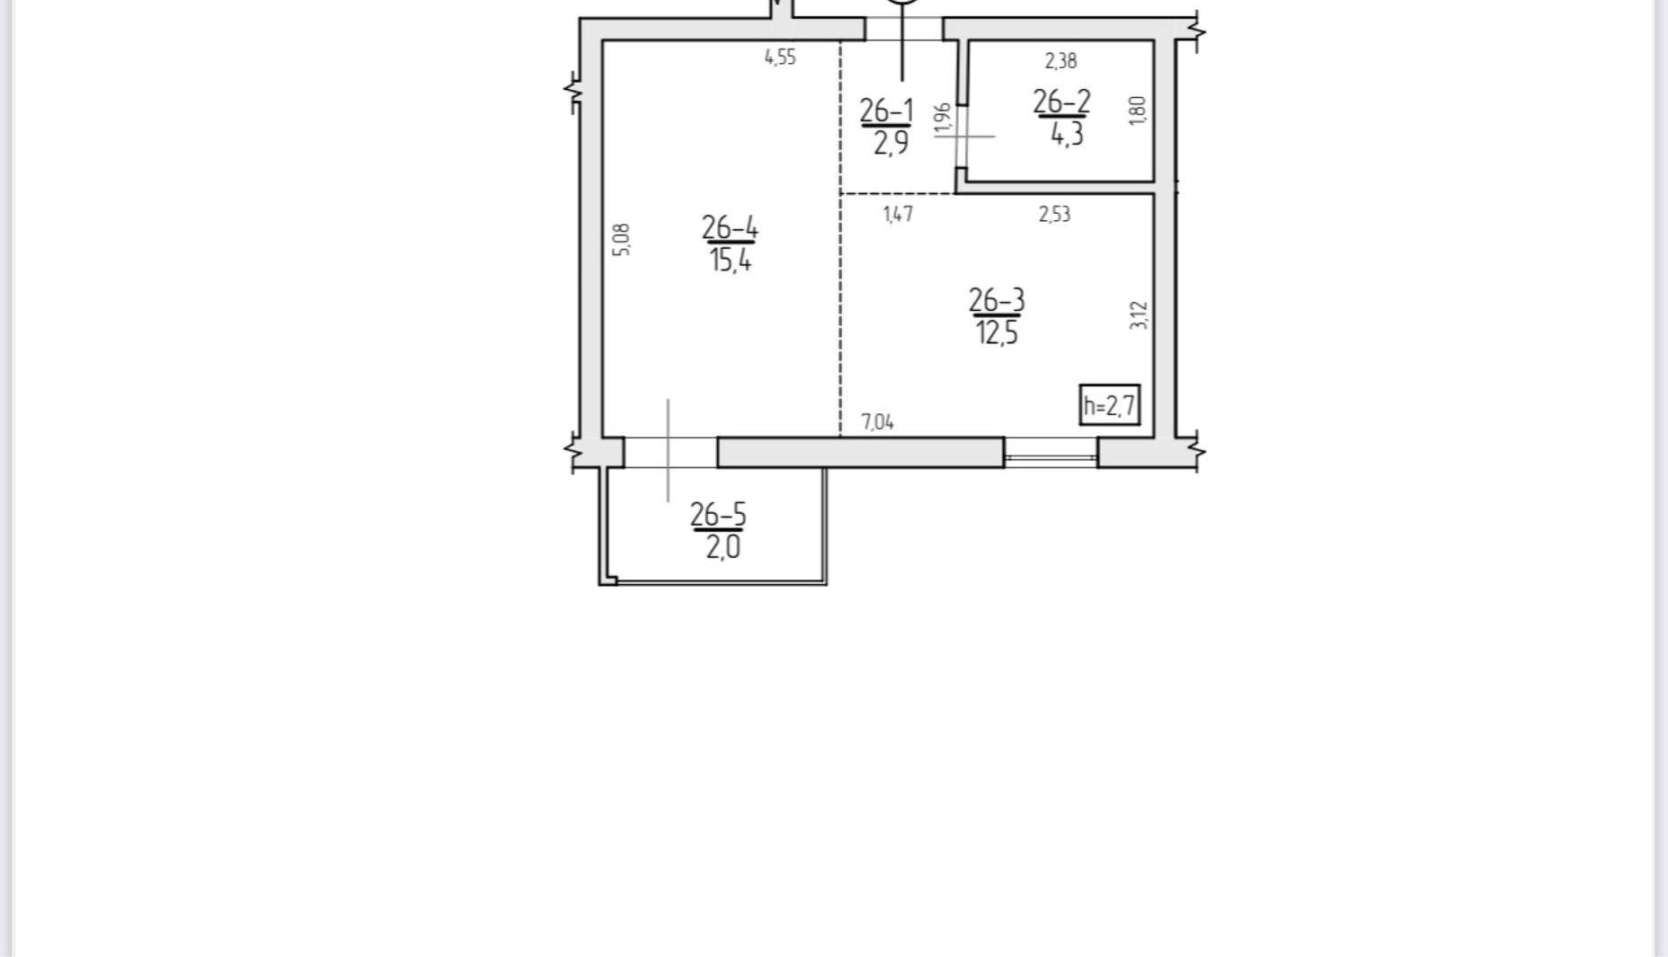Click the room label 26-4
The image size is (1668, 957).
point(730,228)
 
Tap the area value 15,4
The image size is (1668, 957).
point(730,261)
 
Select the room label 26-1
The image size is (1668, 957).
point(886,111)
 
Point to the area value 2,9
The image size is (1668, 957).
point(891,143)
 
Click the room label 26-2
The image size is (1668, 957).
point(1061,102)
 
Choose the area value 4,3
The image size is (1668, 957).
point(1067,135)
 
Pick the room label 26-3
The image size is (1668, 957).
point(997,300)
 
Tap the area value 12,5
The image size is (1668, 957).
point(997,333)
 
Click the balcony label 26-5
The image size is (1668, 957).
point(718,515)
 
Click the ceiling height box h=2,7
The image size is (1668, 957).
point(1110,405)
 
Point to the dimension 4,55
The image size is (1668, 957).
point(780,58)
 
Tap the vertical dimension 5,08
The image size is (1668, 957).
point(622,240)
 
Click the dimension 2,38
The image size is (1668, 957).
point(1060,61)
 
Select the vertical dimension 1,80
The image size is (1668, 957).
point(1138,111)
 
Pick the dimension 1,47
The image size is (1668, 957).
point(899,215)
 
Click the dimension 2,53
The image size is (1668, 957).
point(1054,215)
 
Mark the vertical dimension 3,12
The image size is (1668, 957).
point(1139,315)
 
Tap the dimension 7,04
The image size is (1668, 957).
point(878,422)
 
